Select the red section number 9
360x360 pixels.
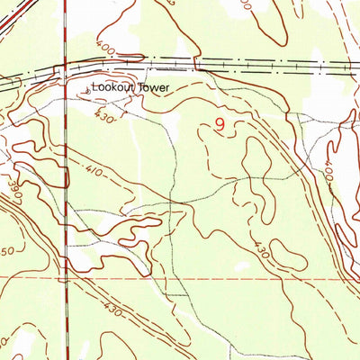tap(220, 126)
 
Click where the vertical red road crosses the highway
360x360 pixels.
tap(66, 66)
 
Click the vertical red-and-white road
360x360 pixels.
tap(66, 180)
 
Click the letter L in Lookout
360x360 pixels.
tap(94, 88)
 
